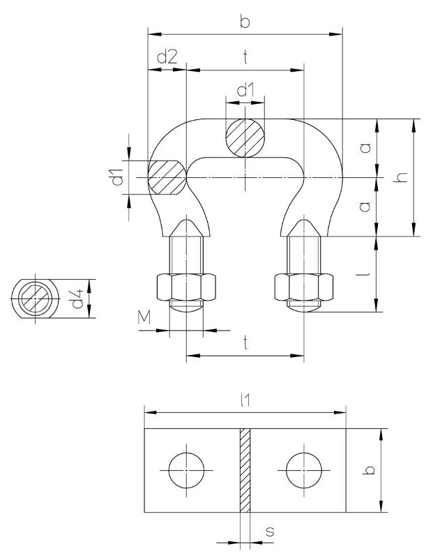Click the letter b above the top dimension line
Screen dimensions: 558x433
pos(244,22)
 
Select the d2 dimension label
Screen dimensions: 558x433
pos(167,58)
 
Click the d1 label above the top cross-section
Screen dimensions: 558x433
pos(245,90)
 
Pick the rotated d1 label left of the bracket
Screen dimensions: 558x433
pos(118,178)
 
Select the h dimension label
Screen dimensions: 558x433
pos(400,178)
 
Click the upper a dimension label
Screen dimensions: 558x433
pos(365,148)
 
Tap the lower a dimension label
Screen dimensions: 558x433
pos(365,207)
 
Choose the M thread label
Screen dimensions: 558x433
pos(144,318)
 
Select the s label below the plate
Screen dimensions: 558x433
pos(270,531)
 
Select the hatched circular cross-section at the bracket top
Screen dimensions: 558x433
pos(245,137)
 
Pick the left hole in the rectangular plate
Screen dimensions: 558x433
pos(187,472)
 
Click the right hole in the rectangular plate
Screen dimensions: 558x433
pos(304,472)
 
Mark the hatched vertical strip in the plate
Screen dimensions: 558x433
pos(245,472)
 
